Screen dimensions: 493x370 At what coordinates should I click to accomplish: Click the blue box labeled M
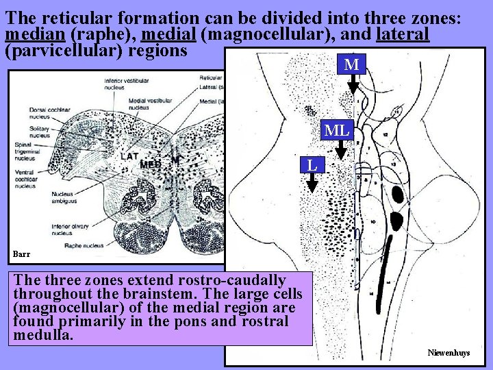pyautogui.click(x=352, y=64)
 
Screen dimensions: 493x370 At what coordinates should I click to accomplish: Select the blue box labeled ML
pyautogui.click(x=337, y=129)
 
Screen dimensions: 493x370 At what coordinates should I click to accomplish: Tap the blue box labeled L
pyautogui.click(x=312, y=164)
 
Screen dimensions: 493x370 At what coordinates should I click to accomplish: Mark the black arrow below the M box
pyautogui.click(x=352, y=84)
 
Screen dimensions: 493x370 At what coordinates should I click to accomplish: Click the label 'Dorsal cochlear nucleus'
pyautogui.click(x=44, y=113)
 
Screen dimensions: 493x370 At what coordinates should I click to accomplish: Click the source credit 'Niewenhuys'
pyautogui.click(x=448, y=352)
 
